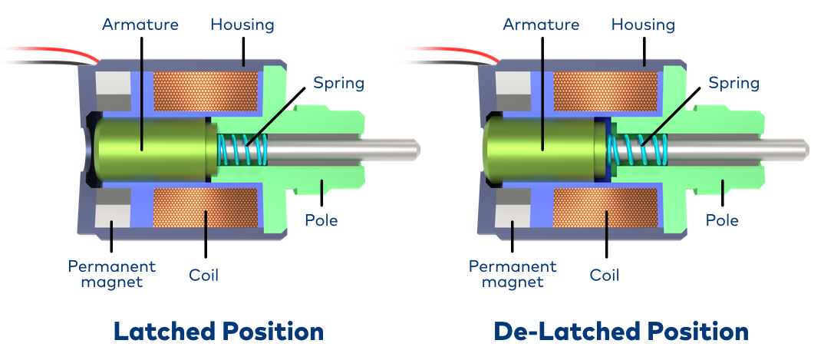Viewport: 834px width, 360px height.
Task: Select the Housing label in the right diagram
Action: (643, 25)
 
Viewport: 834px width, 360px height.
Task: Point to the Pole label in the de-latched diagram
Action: (722, 220)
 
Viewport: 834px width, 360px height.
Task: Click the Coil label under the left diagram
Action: (204, 274)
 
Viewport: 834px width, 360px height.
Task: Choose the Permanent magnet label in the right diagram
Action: (513, 274)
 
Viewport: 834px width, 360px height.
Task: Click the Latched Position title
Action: (219, 332)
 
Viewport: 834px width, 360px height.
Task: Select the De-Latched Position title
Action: (621, 332)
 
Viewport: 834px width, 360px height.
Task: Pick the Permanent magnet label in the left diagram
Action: (112, 274)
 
